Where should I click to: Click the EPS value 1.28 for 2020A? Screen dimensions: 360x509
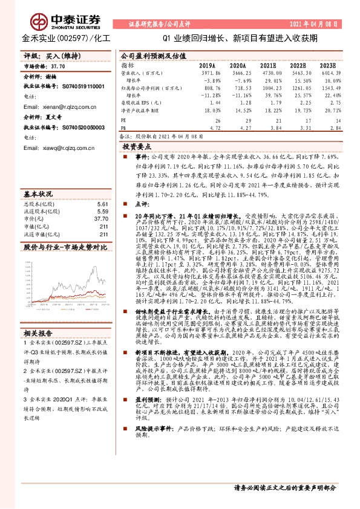click(240, 103)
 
